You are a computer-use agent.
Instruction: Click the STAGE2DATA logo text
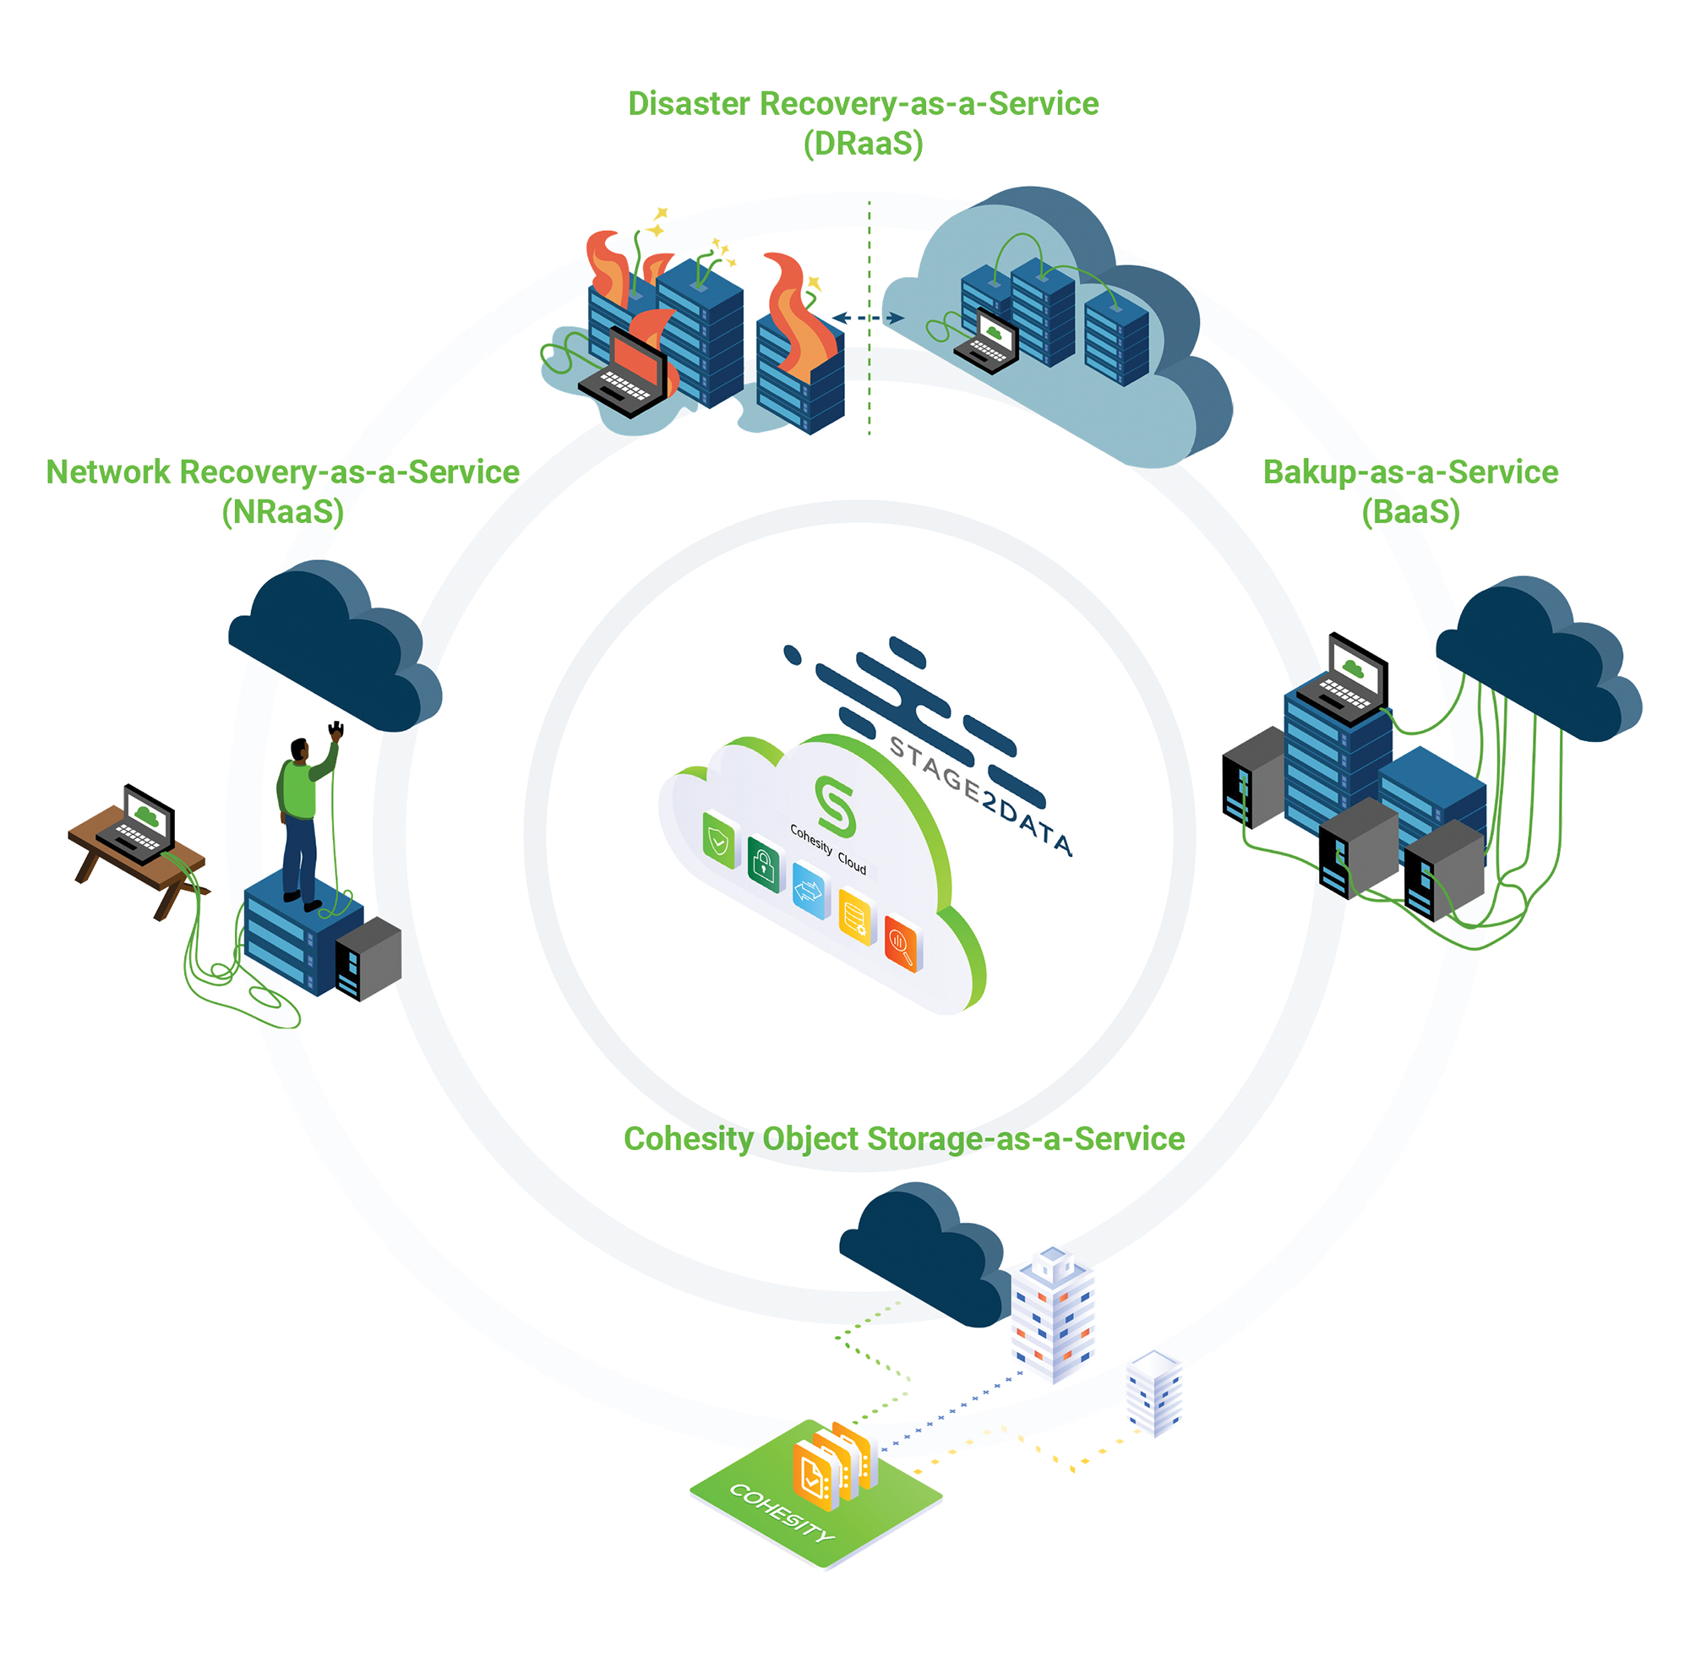pyautogui.click(x=979, y=795)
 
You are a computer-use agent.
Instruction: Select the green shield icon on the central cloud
pyautogui.click(x=719, y=840)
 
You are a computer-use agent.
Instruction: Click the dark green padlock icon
pyautogui.click(x=763, y=865)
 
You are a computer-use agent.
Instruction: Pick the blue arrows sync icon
pyautogui.click(x=809, y=890)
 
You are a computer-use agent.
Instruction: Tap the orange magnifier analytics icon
pyautogui.click(x=902, y=941)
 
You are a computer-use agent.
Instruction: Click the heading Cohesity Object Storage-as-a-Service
pyautogui.click(x=903, y=1139)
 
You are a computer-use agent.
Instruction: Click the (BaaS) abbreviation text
pyautogui.click(x=1409, y=511)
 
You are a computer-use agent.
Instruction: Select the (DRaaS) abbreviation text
pyautogui.click(x=863, y=142)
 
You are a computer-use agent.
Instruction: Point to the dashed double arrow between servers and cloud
pyautogui.click(x=867, y=318)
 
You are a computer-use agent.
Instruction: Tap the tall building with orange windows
pyautogui.click(x=1052, y=1315)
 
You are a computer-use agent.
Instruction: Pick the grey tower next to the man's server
pyautogui.click(x=368, y=958)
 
